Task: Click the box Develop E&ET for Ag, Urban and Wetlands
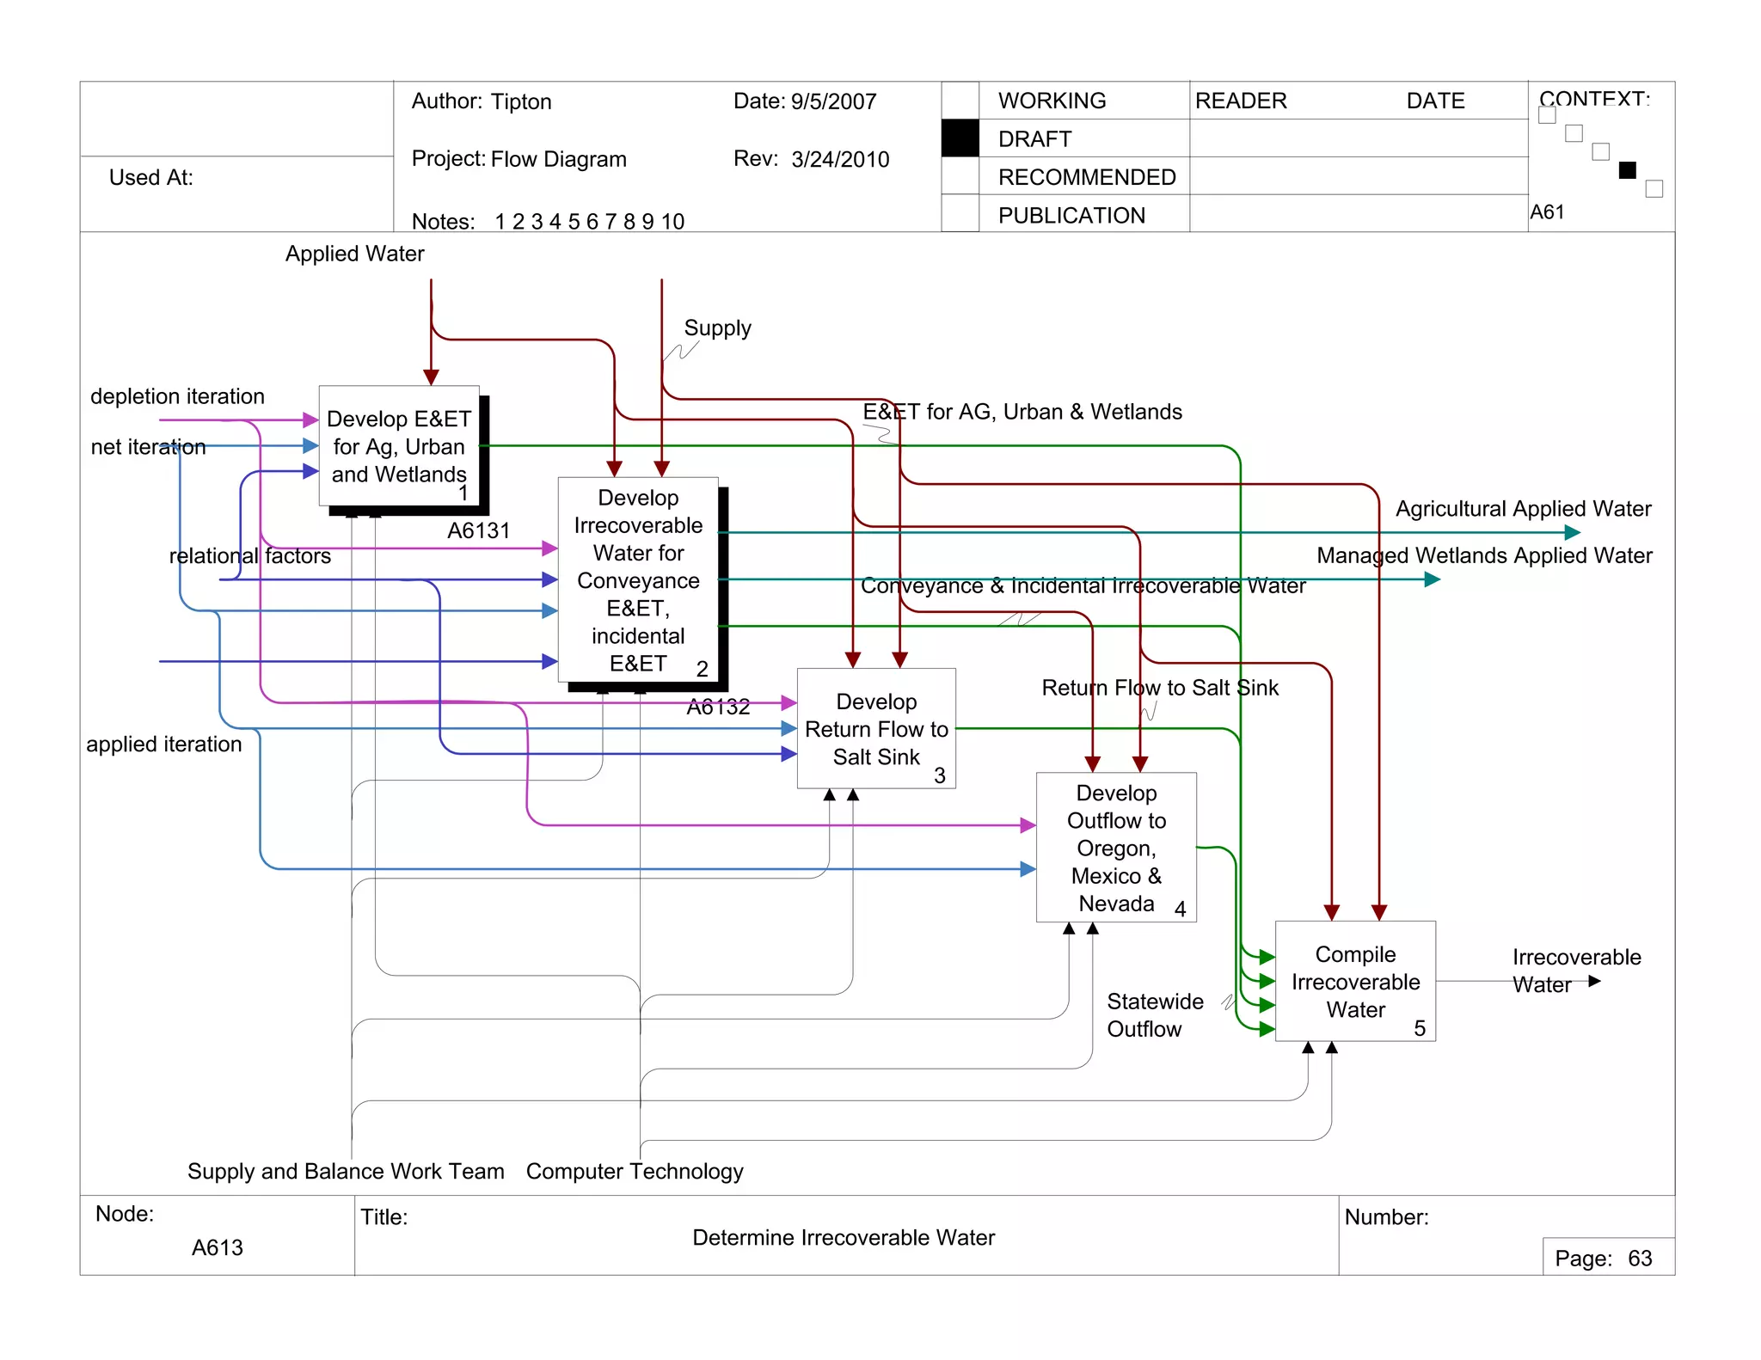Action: tap(399, 446)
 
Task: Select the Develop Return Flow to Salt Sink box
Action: tap(876, 728)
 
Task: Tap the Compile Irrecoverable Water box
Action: tap(1355, 981)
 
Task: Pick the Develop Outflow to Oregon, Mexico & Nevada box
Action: tap(1116, 848)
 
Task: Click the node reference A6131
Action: tap(478, 530)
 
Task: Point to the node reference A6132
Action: tap(718, 707)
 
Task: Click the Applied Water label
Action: tap(354, 254)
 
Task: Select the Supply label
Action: tap(717, 328)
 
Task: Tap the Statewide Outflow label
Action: tap(1154, 1015)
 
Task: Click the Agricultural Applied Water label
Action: tap(1523, 509)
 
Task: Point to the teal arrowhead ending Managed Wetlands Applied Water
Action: tap(1432, 579)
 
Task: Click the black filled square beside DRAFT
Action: tap(960, 138)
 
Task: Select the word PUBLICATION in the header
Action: tap(1071, 216)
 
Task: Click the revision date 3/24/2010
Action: tap(840, 160)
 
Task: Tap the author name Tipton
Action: tap(521, 101)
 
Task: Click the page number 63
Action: tap(1640, 1259)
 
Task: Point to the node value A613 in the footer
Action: tap(217, 1247)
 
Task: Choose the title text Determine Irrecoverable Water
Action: tap(844, 1238)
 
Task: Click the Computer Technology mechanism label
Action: tap(635, 1172)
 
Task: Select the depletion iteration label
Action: tap(177, 396)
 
